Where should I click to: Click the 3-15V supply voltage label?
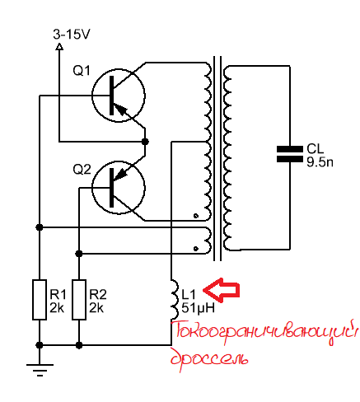coord(72,35)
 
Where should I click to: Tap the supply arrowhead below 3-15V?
coord(59,47)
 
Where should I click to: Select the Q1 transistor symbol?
coord(119,96)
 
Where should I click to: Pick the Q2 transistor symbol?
coord(119,188)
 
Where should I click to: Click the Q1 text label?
coord(82,71)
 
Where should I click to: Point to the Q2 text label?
coord(82,170)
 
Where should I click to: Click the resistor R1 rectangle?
coord(40,300)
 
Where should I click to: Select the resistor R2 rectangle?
coord(79,300)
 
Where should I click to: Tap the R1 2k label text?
coord(58,301)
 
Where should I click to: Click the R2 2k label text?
coord(98,301)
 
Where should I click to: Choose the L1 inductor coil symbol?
coord(175,299)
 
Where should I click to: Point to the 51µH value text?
coord(198,308)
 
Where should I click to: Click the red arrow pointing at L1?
coord(222,290)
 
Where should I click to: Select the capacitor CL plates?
coord(290,154)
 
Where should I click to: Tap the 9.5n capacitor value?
coord(320,162)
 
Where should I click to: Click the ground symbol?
coord(40,370)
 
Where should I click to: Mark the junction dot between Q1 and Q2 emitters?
coord(145,142)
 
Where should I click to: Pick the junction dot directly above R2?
coord(79,254)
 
